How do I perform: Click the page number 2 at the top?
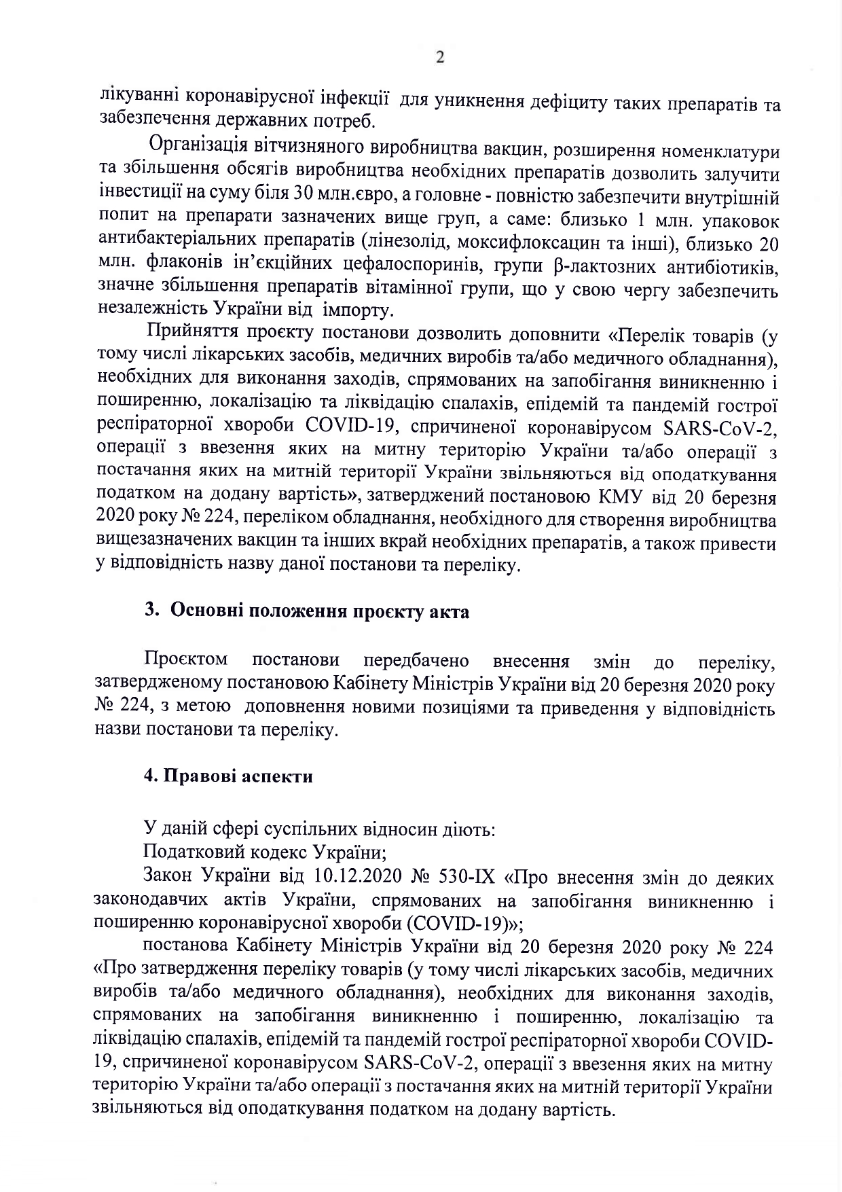tap(439, 58)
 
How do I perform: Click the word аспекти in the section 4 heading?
tap(277, 776)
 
